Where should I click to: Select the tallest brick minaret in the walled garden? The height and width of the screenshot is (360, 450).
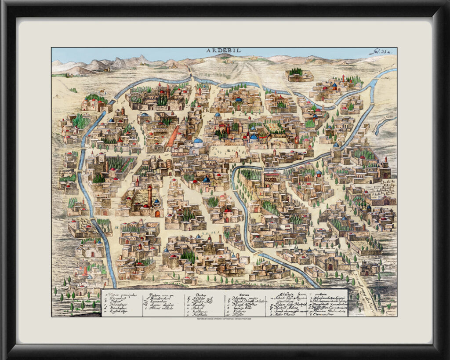click(150, 196)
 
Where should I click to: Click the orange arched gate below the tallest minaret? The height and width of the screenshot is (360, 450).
click(157, 214)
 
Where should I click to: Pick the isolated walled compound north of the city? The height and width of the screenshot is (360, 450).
click(300, 75)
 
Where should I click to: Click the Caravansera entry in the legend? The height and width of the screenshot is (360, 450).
click(325, 314)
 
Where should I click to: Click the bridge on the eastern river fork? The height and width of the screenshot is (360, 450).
click(373, 105)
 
